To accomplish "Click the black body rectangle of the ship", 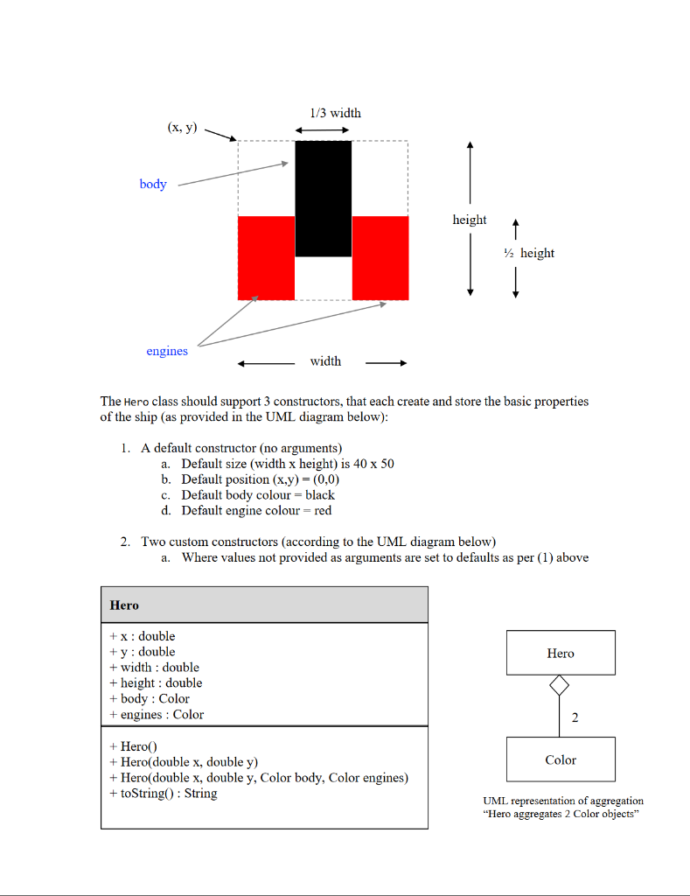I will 324,199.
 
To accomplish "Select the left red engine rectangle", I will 266,258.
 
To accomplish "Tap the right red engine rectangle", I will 380,258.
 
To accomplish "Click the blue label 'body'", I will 153,185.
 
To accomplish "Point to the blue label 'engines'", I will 167,351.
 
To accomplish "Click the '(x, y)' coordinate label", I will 182,128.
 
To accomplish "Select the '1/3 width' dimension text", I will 335,113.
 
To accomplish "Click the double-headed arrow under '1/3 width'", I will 323,130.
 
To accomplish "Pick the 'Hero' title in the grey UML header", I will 124,605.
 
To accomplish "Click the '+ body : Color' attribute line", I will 150,698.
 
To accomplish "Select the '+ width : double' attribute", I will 155,667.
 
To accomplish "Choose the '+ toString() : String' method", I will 164,794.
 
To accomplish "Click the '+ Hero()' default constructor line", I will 133,746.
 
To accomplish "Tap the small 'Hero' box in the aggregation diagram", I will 561,653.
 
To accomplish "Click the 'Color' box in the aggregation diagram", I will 561,759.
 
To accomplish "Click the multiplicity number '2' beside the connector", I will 575,718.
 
